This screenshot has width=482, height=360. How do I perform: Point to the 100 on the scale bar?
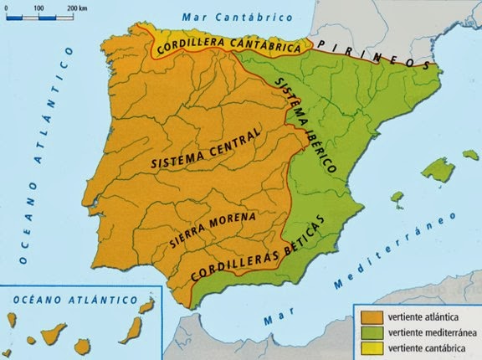coord(38,7)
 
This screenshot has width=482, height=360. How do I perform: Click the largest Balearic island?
coord(438,172)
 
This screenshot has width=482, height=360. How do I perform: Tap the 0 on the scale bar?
coord(7,7)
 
